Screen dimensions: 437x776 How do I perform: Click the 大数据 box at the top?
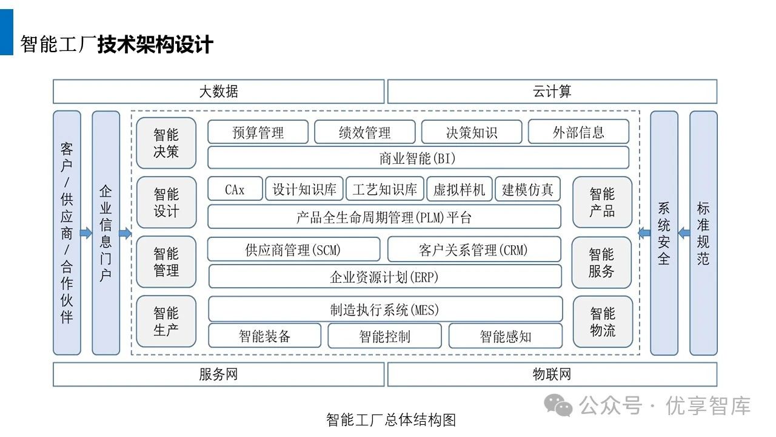pos(218,92)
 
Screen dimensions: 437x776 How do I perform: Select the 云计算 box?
pos(552,92)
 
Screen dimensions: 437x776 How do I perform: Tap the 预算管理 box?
pos(258,132)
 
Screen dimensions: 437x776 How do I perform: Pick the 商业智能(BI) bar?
pos(418,158)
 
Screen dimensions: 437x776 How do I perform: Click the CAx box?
pos(235,189)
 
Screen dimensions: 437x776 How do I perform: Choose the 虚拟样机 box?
pos(460,189)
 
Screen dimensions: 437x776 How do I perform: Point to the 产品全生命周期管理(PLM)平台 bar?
pos(384,217)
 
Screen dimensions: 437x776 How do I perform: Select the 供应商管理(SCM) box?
pos(293,249)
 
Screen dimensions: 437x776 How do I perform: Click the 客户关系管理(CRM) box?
pos(473,249)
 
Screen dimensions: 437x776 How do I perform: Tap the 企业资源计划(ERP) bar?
pos(384,277)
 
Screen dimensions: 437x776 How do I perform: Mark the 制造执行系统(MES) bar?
pos(384,310)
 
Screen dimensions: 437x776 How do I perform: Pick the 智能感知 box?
pos(505,336)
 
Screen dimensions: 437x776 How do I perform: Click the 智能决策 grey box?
pos(166,143)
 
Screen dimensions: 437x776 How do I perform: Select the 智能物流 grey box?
pos(602,322)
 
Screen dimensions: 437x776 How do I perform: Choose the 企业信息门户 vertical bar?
pos(105,233)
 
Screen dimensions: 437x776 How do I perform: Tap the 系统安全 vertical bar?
pos(664,233)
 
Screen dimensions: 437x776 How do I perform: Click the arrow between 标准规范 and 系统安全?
pos(684,232)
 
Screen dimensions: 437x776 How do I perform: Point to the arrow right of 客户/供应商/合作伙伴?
pos(86,233)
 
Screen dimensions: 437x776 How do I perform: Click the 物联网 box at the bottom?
pos(552,374)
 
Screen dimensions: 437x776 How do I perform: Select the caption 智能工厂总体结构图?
pos(390,420)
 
